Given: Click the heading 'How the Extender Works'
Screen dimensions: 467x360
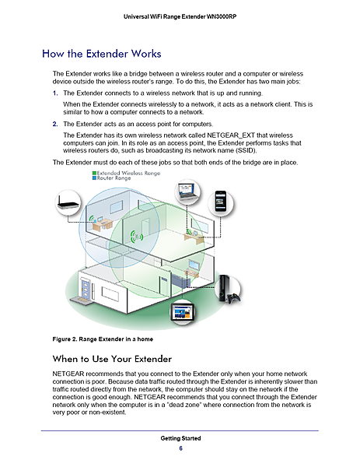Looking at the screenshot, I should [x=101, y=54].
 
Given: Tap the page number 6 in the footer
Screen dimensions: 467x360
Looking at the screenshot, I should [x=180, y=448].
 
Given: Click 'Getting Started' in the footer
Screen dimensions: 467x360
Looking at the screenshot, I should [x=180, y=439].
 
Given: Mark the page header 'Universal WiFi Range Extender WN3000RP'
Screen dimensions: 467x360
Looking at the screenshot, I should [x=180, y=17].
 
